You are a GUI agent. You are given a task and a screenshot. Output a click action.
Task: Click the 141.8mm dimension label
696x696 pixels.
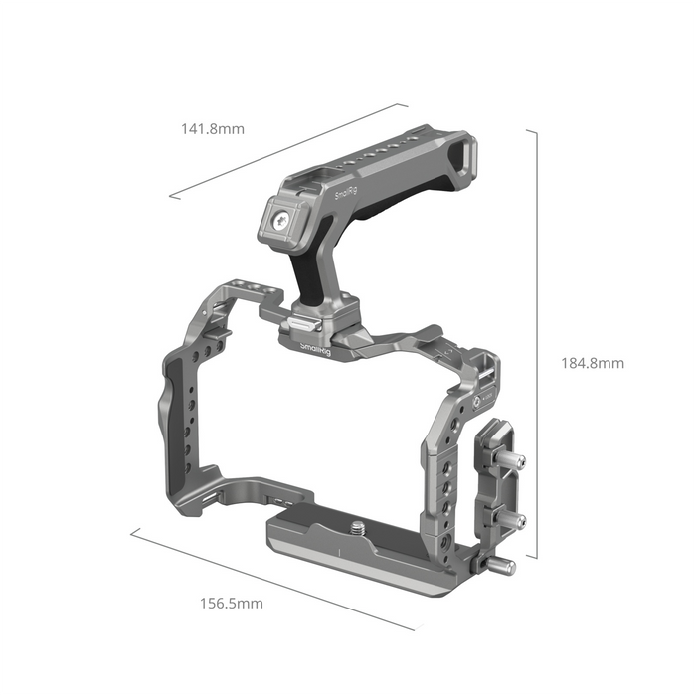click(212, 129)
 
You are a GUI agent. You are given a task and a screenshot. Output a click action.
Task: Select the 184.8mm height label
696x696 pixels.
click(591, 363)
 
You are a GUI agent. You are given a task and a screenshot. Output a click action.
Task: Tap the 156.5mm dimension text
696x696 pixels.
click(231, 603)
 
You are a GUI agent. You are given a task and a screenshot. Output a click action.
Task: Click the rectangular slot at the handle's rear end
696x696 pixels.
click(462, 157)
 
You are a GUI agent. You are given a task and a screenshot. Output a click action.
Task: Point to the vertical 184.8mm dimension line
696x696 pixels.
click(538, 343)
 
